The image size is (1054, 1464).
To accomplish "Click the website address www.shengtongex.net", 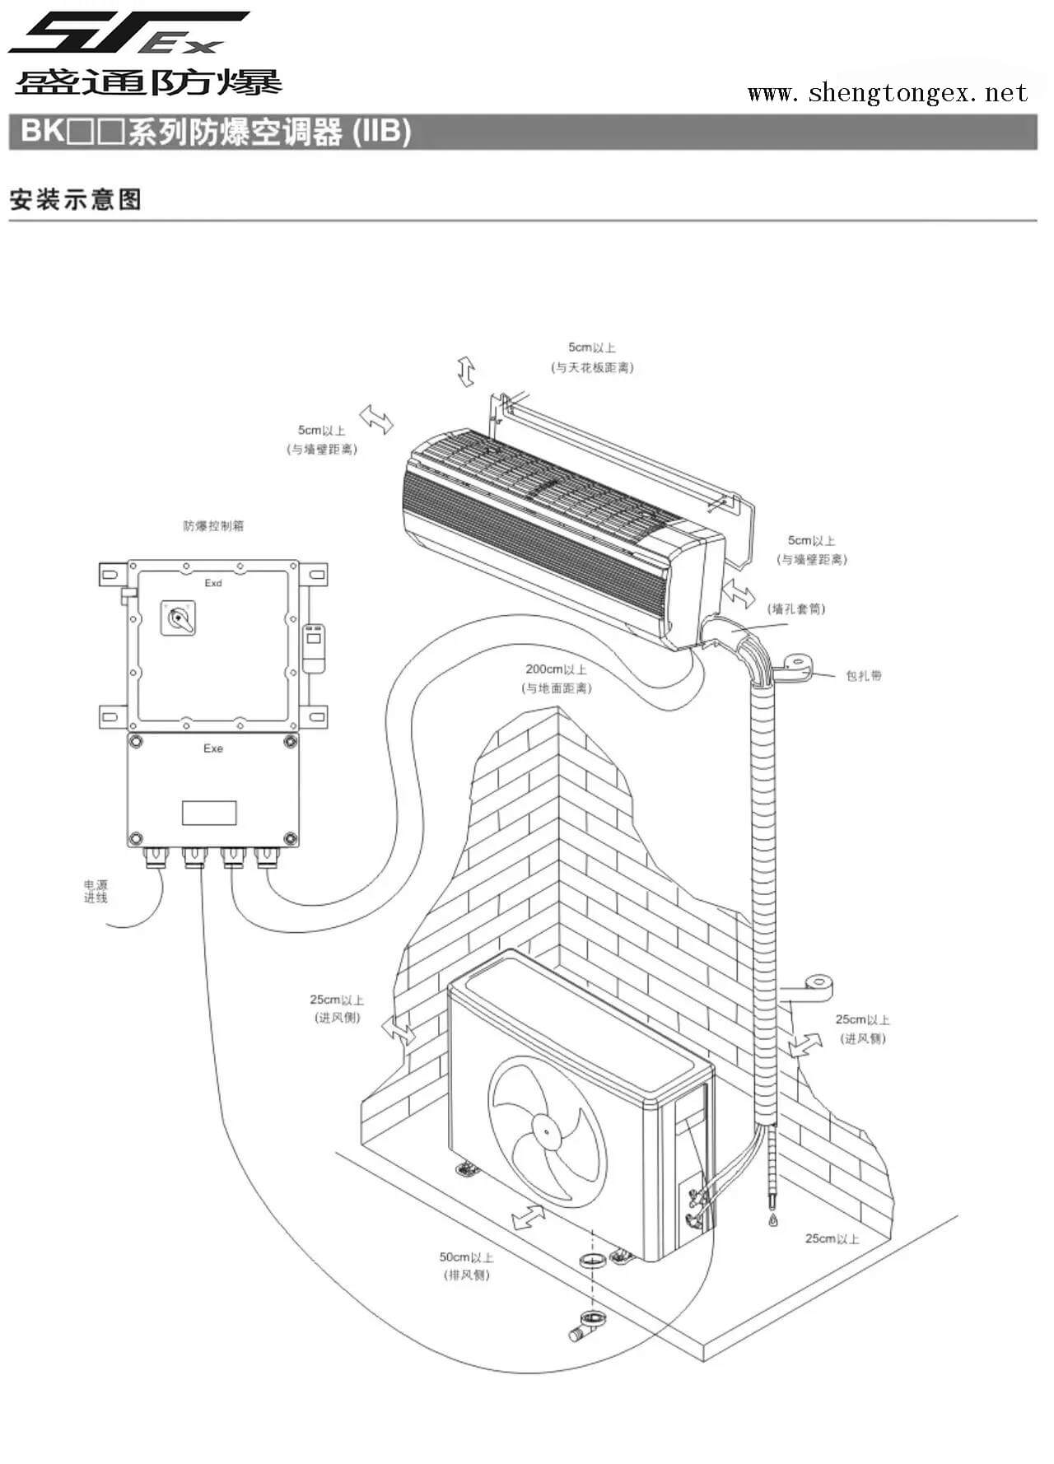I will click(887, 92).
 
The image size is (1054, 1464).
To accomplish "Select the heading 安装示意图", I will click(76, 199).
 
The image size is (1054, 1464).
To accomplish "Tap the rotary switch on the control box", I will click(179, 618).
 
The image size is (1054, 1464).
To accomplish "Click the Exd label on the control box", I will click(213, 583).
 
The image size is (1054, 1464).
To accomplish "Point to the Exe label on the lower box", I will click(213, 748).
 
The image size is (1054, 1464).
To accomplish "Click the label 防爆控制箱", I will click(213, 525).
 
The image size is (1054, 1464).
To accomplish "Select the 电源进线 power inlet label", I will click(96, 891).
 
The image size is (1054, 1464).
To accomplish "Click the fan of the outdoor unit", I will click(547, 1131).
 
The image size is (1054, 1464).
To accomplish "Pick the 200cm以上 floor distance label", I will click(557, 678).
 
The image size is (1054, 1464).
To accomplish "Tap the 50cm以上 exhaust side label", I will click(466, 1266).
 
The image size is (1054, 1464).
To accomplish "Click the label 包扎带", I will click(864, 675).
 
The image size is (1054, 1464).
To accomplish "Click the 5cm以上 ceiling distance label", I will click(592, 357).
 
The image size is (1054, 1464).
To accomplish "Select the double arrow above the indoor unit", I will click(467, 372).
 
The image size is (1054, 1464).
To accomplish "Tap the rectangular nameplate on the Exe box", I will click(209, 812).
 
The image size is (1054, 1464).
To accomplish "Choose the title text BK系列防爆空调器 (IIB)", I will click(216, 132).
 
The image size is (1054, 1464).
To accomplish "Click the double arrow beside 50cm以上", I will click(528, 1216).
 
